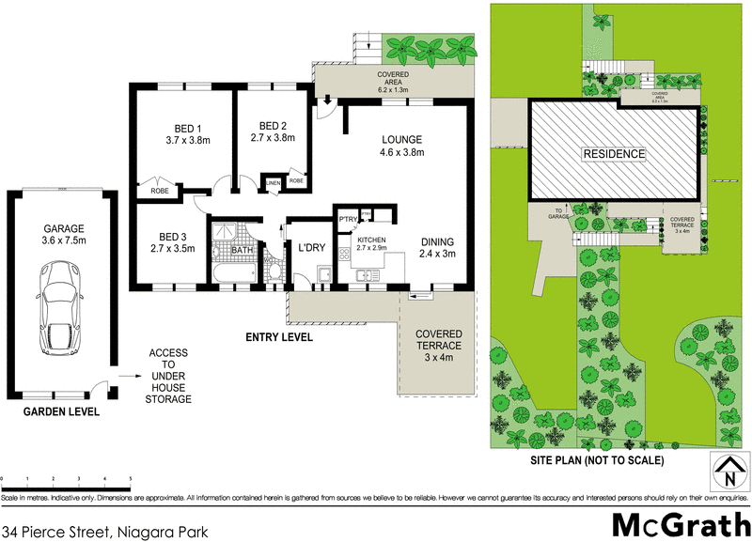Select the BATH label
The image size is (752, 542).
click(x=243, y=251)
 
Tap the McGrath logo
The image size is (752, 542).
click(x=676, y=524)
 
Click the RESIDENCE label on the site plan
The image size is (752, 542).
click(x=615, y=154)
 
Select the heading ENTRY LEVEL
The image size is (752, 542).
click(x=278, y=337)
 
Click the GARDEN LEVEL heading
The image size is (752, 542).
click(x=61, y=411)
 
